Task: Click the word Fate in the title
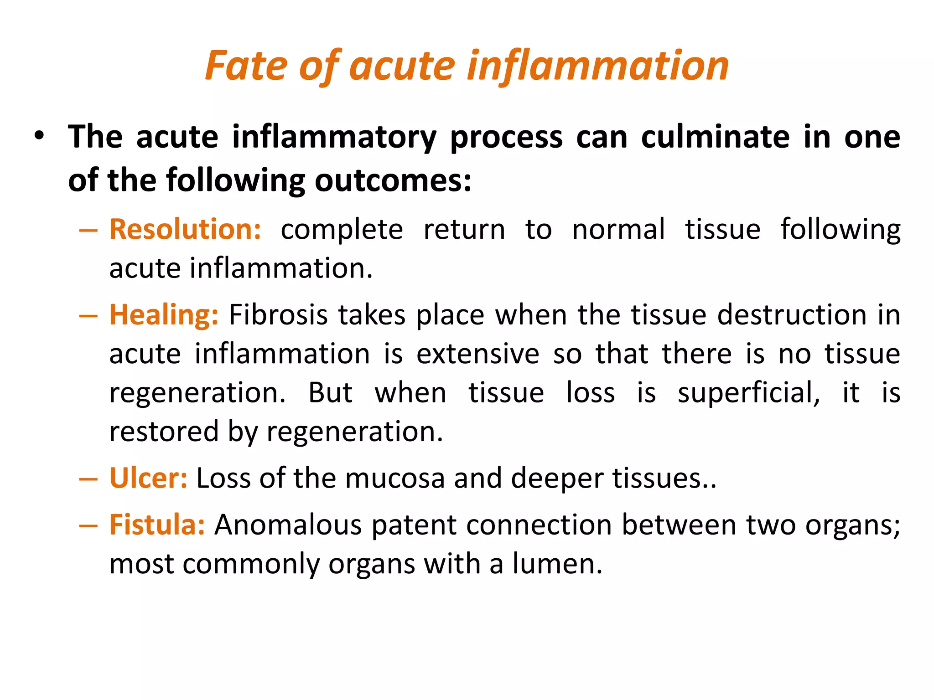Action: (246, 66)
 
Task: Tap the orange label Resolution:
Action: (185, 229)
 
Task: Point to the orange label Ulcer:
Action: (148, 478)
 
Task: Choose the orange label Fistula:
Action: (157, 525)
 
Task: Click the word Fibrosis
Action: (278, 315)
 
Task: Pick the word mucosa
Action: (394, 479)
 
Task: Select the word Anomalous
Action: (288, 525)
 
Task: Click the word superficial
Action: (748, 393)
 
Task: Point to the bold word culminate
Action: (715, 137)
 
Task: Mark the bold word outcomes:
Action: (393, 180)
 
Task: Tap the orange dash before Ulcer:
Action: (88, 479)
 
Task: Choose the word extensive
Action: (477, 354)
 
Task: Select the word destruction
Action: (792, 315)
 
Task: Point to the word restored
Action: (164, 432)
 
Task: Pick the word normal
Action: (618, 229)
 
